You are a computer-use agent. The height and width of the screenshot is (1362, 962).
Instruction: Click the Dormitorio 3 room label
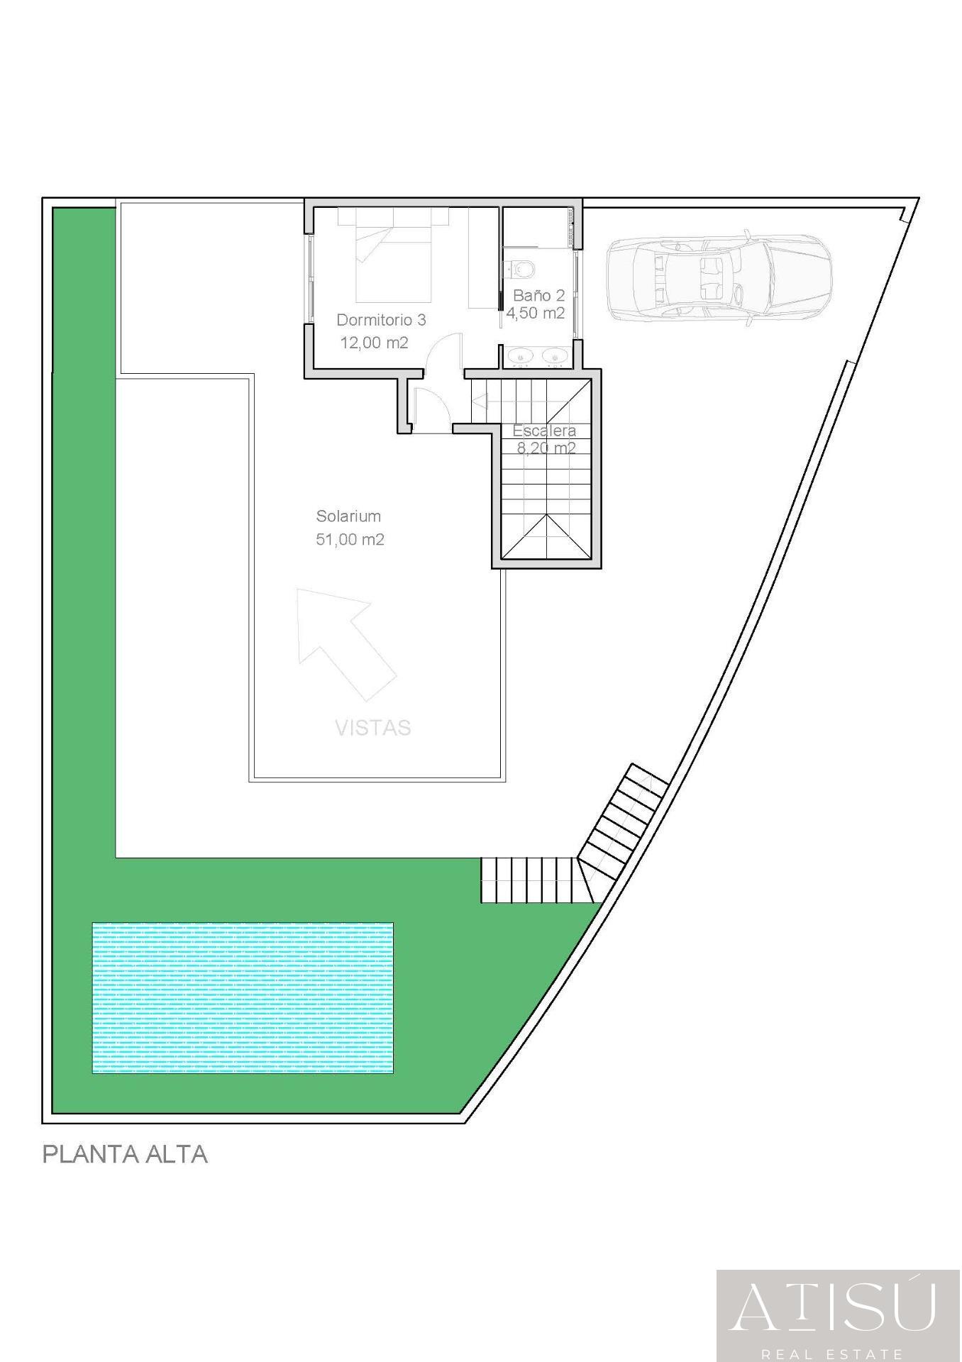point(381,320)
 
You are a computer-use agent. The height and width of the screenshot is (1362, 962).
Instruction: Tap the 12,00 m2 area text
point(374,343)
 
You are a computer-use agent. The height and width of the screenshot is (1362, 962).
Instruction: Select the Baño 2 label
point(538,295)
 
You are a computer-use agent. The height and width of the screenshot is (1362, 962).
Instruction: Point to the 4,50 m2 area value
point(535,313)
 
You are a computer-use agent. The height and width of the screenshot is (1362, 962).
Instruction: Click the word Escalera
point(544,431)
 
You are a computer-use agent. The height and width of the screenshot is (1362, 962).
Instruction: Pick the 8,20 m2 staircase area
point(546,448)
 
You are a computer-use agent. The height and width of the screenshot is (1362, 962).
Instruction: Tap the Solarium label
point(348,516)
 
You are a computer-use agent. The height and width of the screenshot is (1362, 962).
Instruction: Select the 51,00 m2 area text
point(350,540)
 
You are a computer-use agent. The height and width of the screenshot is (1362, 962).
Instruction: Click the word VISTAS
point(372,728)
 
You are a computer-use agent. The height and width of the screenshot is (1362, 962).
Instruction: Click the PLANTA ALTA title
point(125,1155)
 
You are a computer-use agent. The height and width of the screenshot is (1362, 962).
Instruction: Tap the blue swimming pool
point(242,998)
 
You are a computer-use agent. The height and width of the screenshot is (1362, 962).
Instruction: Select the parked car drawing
point(718,278)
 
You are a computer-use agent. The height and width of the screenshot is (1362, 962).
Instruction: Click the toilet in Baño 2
point(522,269)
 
